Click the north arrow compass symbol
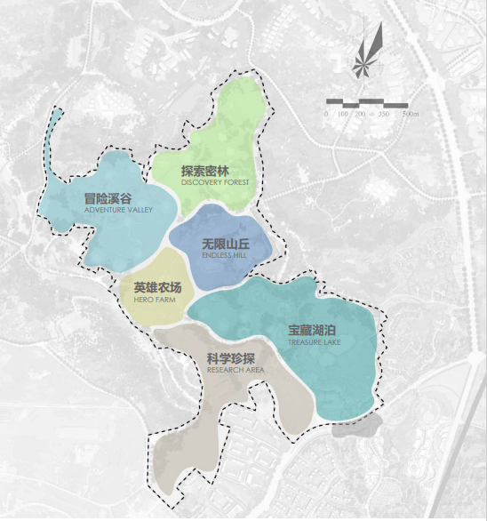point(368,54)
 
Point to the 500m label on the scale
point(410,115)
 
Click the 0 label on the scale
point(326,115)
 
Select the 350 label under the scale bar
point(383,115)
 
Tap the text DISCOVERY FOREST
point(215,182)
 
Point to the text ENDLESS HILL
point(222,254)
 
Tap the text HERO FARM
point(155,300)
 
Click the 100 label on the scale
point(344,115)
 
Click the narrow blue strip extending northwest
point(52,129)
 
